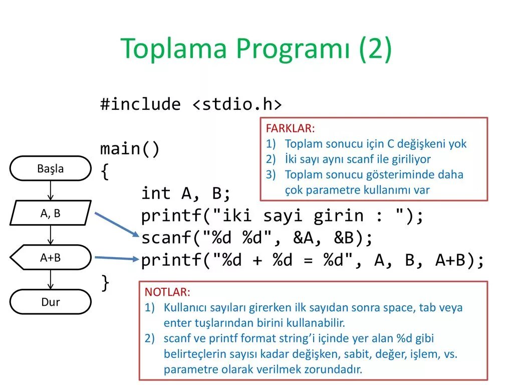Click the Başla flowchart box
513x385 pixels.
pos(51,168)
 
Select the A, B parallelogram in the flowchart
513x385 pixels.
pos(51,213)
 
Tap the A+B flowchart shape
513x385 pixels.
pos(51,258)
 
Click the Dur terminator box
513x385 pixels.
pos(51,302)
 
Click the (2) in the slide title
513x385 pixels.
pos(375,49)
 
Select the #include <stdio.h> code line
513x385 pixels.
pos(191,105)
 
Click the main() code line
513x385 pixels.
pos(130,149)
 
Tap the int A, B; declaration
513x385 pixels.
pos(186,194)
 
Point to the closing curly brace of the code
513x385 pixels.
pos(105,283)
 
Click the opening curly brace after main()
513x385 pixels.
pos(105,171)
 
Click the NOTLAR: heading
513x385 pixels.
pos(167,292)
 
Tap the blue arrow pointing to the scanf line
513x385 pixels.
pos(116,224)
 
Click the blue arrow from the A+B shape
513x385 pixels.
pos(116,259)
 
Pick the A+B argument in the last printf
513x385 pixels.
pos(452,261)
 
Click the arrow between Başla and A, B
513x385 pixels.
pos(51,190)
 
